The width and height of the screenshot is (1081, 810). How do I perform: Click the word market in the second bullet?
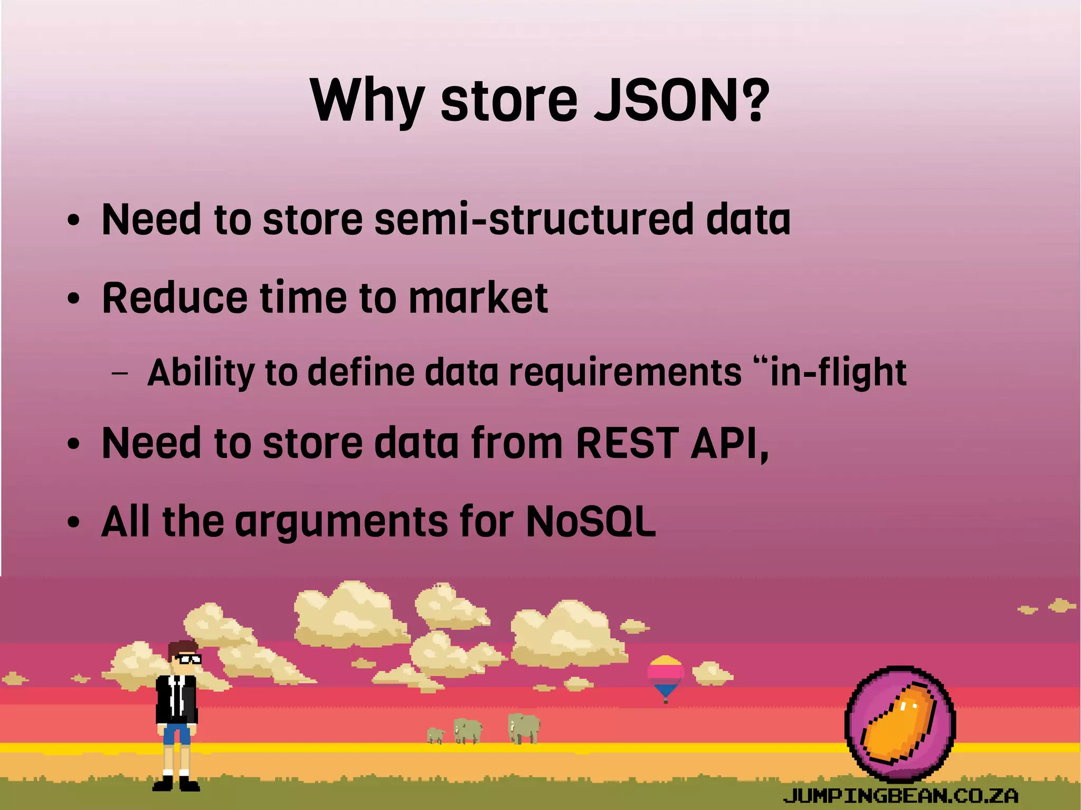[x=478, y=298]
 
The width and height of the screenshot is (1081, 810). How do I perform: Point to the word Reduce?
[x=174, y=298]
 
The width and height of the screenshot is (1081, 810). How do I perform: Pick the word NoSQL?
[x=591, y=522]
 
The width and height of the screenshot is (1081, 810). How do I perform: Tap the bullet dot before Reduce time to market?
[x=74, y=299]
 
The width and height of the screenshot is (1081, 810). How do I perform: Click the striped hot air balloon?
[x=666, y=676]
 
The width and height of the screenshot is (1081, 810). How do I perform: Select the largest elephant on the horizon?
[x=524, y=728]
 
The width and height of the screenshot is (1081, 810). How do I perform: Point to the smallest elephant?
[x=435, y=735]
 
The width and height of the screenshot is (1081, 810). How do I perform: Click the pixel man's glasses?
[x=188, y=659]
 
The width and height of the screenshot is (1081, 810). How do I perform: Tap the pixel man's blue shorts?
[x=176, y=733]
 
